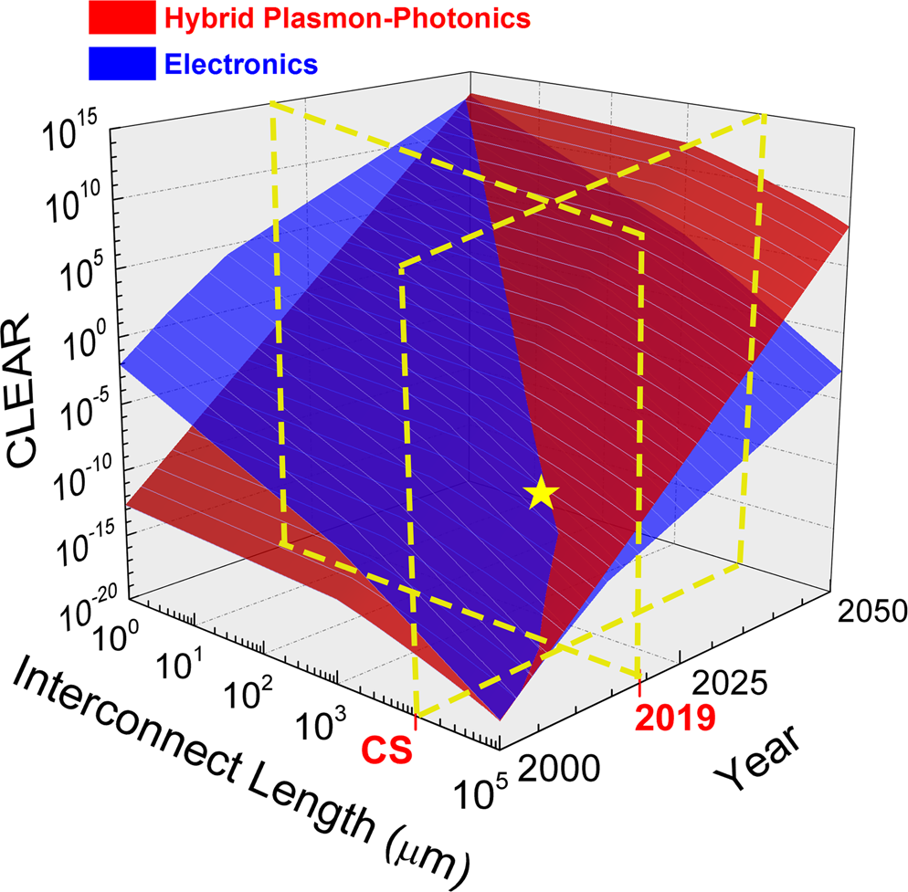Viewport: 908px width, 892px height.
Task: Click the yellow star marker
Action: [542, 493]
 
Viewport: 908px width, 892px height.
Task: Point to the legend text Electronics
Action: [244, 65]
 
